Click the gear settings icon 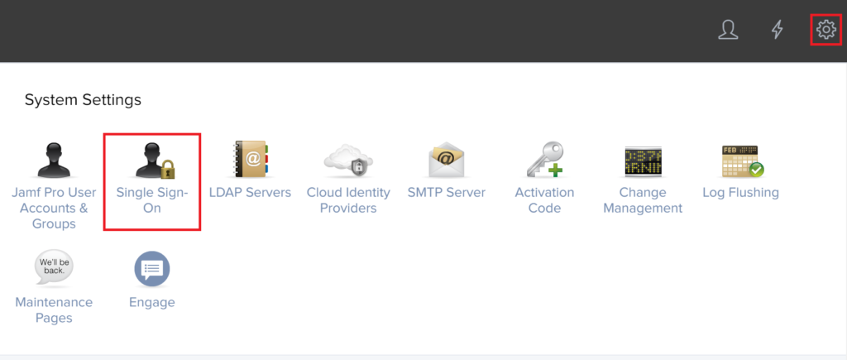pyautogui.click(x=825, y=29)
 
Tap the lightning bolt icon pyautogui.click(x=777, y=29)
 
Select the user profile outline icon pyautogui.click(x=728, y=29)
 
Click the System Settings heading pyautogui.click(x=84, y=100)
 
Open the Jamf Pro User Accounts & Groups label pyautogui.click(x=54, y=208)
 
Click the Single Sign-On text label pyautogui.click(x=152, y=200)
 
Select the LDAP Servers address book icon pyautogui.click(x=251, y=160)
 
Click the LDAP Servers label pyautogui.click(x=250, y=193)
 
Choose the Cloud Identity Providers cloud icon pyautogui.click(x=348, y=161)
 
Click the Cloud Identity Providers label pyautogui.click(x=348, y=200)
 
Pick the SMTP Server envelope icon pyautogui.click(x=446, y=160)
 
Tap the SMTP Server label pyautogui.click(x=447, y=193)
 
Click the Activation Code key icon pyautogui.click(x=544, y=160)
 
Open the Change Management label pyautogui.click(x=643, y=200)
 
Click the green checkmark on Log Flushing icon pyautogui.click(x=757, y=170)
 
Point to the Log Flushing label pyautogui.click(x=740, y=193)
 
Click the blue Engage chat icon pyautogui.click(x=152, y=269)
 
